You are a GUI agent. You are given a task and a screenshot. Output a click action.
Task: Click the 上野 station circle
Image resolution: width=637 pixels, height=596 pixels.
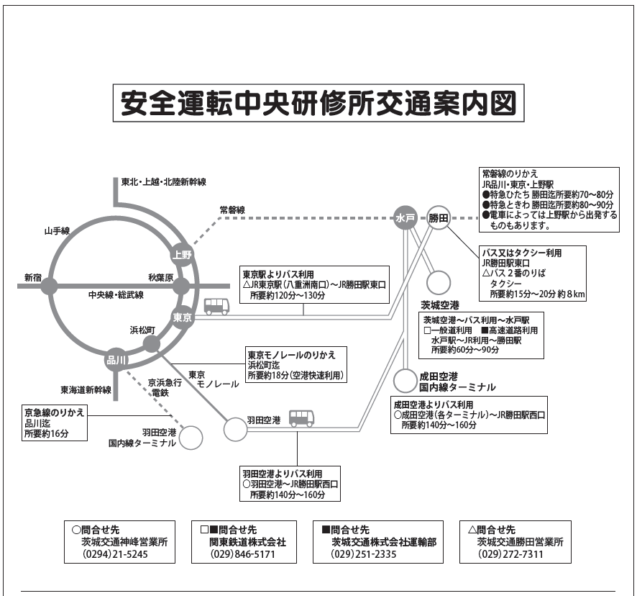tap(182, 255)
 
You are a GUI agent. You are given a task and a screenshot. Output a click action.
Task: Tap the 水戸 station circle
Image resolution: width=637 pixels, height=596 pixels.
tap(405, 218)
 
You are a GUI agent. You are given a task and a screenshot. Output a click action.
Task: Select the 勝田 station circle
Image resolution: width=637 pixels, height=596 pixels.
tap(439, 218)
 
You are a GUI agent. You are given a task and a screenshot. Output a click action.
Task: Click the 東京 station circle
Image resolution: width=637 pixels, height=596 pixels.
tap(183, 317)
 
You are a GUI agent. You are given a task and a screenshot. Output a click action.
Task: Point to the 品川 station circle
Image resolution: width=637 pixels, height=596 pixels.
tap(116, 360)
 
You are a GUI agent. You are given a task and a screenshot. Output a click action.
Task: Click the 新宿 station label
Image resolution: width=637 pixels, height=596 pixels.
tap(33, 278)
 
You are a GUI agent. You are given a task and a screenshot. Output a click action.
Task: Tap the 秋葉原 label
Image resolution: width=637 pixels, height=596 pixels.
tap(161, 277)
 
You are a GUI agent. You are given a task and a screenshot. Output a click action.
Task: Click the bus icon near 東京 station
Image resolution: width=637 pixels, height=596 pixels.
tap(216, 307)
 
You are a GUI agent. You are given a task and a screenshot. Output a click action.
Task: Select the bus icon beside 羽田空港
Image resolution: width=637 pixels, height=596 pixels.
tap(302, 417)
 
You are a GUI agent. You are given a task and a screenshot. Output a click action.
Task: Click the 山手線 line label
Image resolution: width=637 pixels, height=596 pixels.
tap(57, 231)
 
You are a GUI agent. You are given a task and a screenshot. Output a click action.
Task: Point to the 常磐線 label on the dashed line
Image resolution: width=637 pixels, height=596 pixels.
tap(232, 210)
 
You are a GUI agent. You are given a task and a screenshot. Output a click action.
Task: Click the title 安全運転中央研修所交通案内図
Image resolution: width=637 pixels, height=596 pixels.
tap(318, 104)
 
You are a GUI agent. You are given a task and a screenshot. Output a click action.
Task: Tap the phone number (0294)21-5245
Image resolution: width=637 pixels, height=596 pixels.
tap(115, 554)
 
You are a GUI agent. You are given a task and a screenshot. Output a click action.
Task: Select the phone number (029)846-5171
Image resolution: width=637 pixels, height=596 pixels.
tap(242, 554)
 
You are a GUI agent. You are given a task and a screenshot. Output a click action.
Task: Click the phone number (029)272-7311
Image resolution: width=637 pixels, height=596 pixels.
tap(511, 554)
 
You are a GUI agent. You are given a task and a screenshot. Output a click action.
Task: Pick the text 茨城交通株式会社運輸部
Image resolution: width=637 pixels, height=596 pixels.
tap(385, 542)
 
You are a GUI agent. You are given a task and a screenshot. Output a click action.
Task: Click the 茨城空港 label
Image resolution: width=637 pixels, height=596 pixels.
tap(440, 305)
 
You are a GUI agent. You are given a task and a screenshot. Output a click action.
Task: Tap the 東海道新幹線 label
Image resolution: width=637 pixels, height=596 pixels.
tap(86, 390)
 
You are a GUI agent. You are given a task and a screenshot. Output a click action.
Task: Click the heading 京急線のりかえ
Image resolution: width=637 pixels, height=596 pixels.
tap(55, 412)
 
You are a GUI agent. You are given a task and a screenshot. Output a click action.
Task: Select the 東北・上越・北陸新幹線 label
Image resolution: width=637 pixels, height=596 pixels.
tap(164, 182)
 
